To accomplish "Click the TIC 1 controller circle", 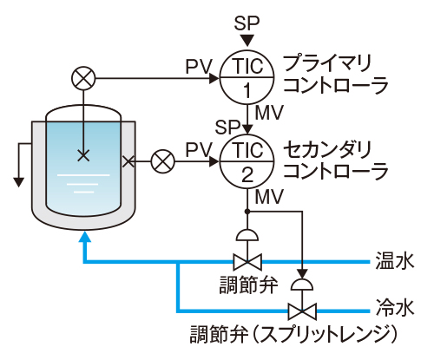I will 246,77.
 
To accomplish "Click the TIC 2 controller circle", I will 246,161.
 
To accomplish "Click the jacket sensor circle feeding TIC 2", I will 162,161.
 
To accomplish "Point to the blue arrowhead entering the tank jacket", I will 83,237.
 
